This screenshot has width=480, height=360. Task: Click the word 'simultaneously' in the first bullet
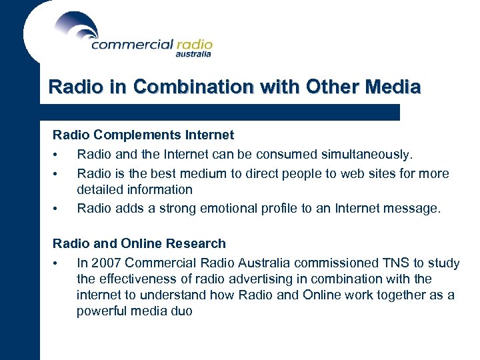click(367, 155)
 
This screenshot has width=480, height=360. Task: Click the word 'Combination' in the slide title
click(193, 87)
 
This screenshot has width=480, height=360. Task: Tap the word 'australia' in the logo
click(193, 55)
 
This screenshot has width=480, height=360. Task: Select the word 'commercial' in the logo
click(132, 45)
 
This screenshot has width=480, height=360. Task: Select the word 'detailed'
click(99, 190)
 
